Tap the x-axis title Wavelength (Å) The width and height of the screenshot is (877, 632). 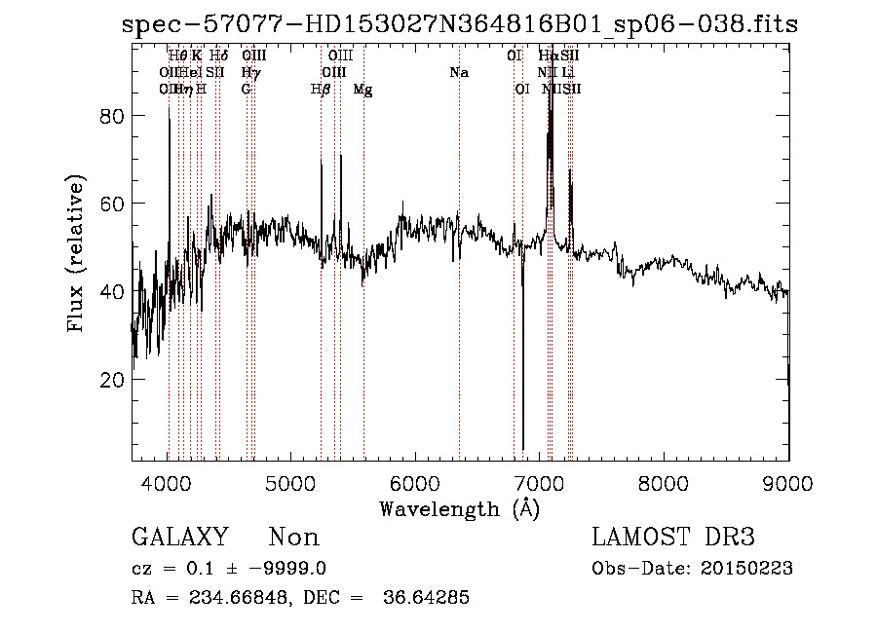[x=459, y=508]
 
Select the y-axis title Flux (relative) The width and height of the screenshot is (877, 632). [x=76, y=254]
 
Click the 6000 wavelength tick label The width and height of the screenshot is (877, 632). [x=416, y=484]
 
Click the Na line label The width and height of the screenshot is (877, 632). [x=458, y=72]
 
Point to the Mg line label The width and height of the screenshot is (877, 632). [x=362, y=90]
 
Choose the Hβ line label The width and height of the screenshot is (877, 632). [x=320, y=90]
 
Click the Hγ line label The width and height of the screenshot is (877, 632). [x=250, y=72]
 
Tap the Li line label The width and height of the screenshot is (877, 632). [x=568, y=72]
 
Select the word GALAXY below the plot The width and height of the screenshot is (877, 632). [x=179, y=538]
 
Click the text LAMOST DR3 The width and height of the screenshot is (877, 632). [x=673, y=538]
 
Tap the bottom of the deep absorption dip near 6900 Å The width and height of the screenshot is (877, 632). [x=523, y=448]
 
